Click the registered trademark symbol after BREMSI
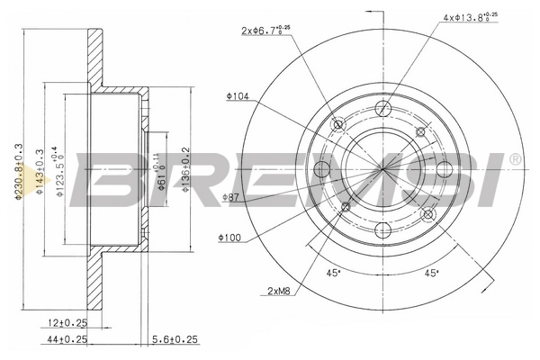[x=514, y=160]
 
